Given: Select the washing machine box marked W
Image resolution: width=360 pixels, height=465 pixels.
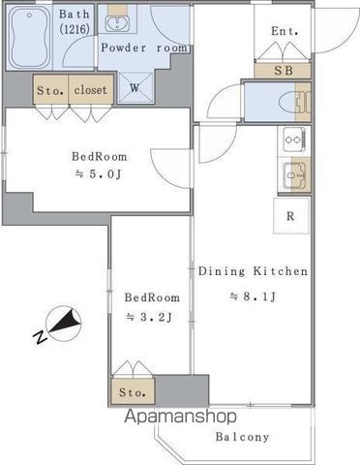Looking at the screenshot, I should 134,86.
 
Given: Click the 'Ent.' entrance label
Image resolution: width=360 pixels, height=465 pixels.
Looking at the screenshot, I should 284,32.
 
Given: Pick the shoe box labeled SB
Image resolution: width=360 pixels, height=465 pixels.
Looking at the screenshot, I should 284,71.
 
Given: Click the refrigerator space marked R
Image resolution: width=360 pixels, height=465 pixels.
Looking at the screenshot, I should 290,216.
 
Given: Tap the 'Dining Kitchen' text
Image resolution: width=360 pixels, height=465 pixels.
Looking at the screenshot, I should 253,271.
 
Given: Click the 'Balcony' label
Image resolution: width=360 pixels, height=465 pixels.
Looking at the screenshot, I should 242,437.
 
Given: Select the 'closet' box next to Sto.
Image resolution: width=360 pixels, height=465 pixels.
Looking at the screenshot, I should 91,90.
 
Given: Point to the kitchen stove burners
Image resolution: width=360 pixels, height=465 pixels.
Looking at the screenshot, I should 291,141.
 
